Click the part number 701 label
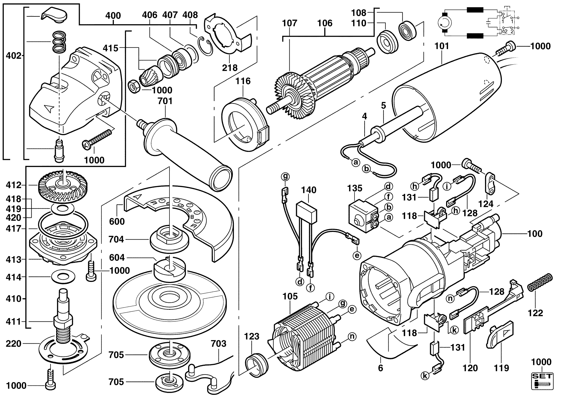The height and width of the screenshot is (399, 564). (165, 101)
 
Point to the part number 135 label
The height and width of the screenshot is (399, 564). (354, 188)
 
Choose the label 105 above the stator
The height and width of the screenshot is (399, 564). (290, 296)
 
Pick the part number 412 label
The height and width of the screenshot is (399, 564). (14, 185)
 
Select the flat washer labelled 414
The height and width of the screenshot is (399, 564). (61, 277)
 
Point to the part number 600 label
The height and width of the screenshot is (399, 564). (117, 221)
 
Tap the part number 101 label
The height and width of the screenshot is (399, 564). (442, 46)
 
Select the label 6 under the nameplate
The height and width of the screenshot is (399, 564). (380, 368)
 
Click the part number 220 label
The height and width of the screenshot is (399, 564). (14, 344)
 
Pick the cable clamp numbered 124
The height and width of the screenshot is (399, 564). (491, 183)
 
